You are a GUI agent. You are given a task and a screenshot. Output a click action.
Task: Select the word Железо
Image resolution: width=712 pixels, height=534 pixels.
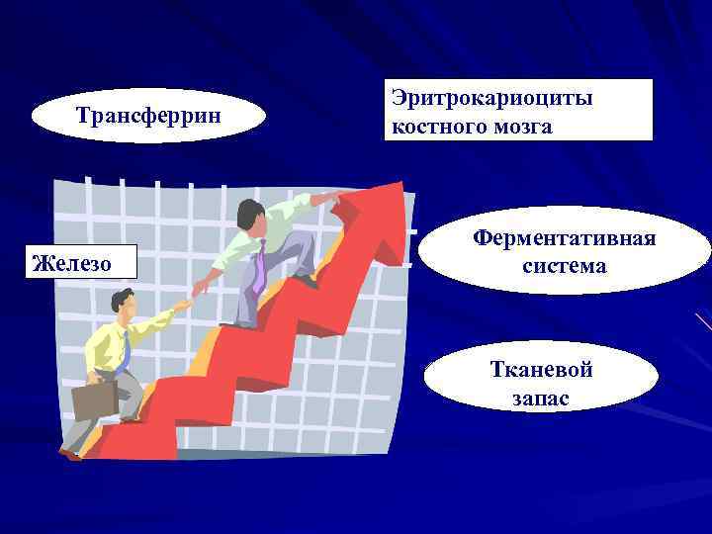(71, 263)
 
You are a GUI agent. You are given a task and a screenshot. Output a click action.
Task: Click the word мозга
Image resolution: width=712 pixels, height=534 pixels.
(523, 127)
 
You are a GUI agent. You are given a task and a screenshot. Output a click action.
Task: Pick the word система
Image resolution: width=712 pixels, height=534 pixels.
(565, 265)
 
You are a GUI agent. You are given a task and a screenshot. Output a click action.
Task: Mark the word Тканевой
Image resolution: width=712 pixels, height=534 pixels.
(542, 370)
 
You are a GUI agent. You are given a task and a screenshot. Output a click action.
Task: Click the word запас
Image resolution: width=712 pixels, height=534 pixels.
(542, 398)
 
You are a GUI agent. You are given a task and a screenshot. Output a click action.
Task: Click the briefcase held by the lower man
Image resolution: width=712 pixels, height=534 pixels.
(94, 401)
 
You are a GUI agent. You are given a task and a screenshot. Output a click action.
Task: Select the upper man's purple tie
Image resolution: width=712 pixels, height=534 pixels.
(257, 267)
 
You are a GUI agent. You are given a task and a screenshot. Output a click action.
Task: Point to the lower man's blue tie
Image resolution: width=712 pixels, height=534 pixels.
(124, 352)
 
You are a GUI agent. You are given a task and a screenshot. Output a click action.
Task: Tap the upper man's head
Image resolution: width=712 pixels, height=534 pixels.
(252, 214)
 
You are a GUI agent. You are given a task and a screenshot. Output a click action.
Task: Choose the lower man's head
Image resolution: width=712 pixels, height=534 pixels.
(123, 301)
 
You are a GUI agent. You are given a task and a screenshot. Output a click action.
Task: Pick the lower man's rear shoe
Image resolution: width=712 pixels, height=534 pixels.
(69, 454)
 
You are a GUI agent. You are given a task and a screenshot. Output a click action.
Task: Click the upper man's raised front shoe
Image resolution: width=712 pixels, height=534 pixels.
(308, 281)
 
